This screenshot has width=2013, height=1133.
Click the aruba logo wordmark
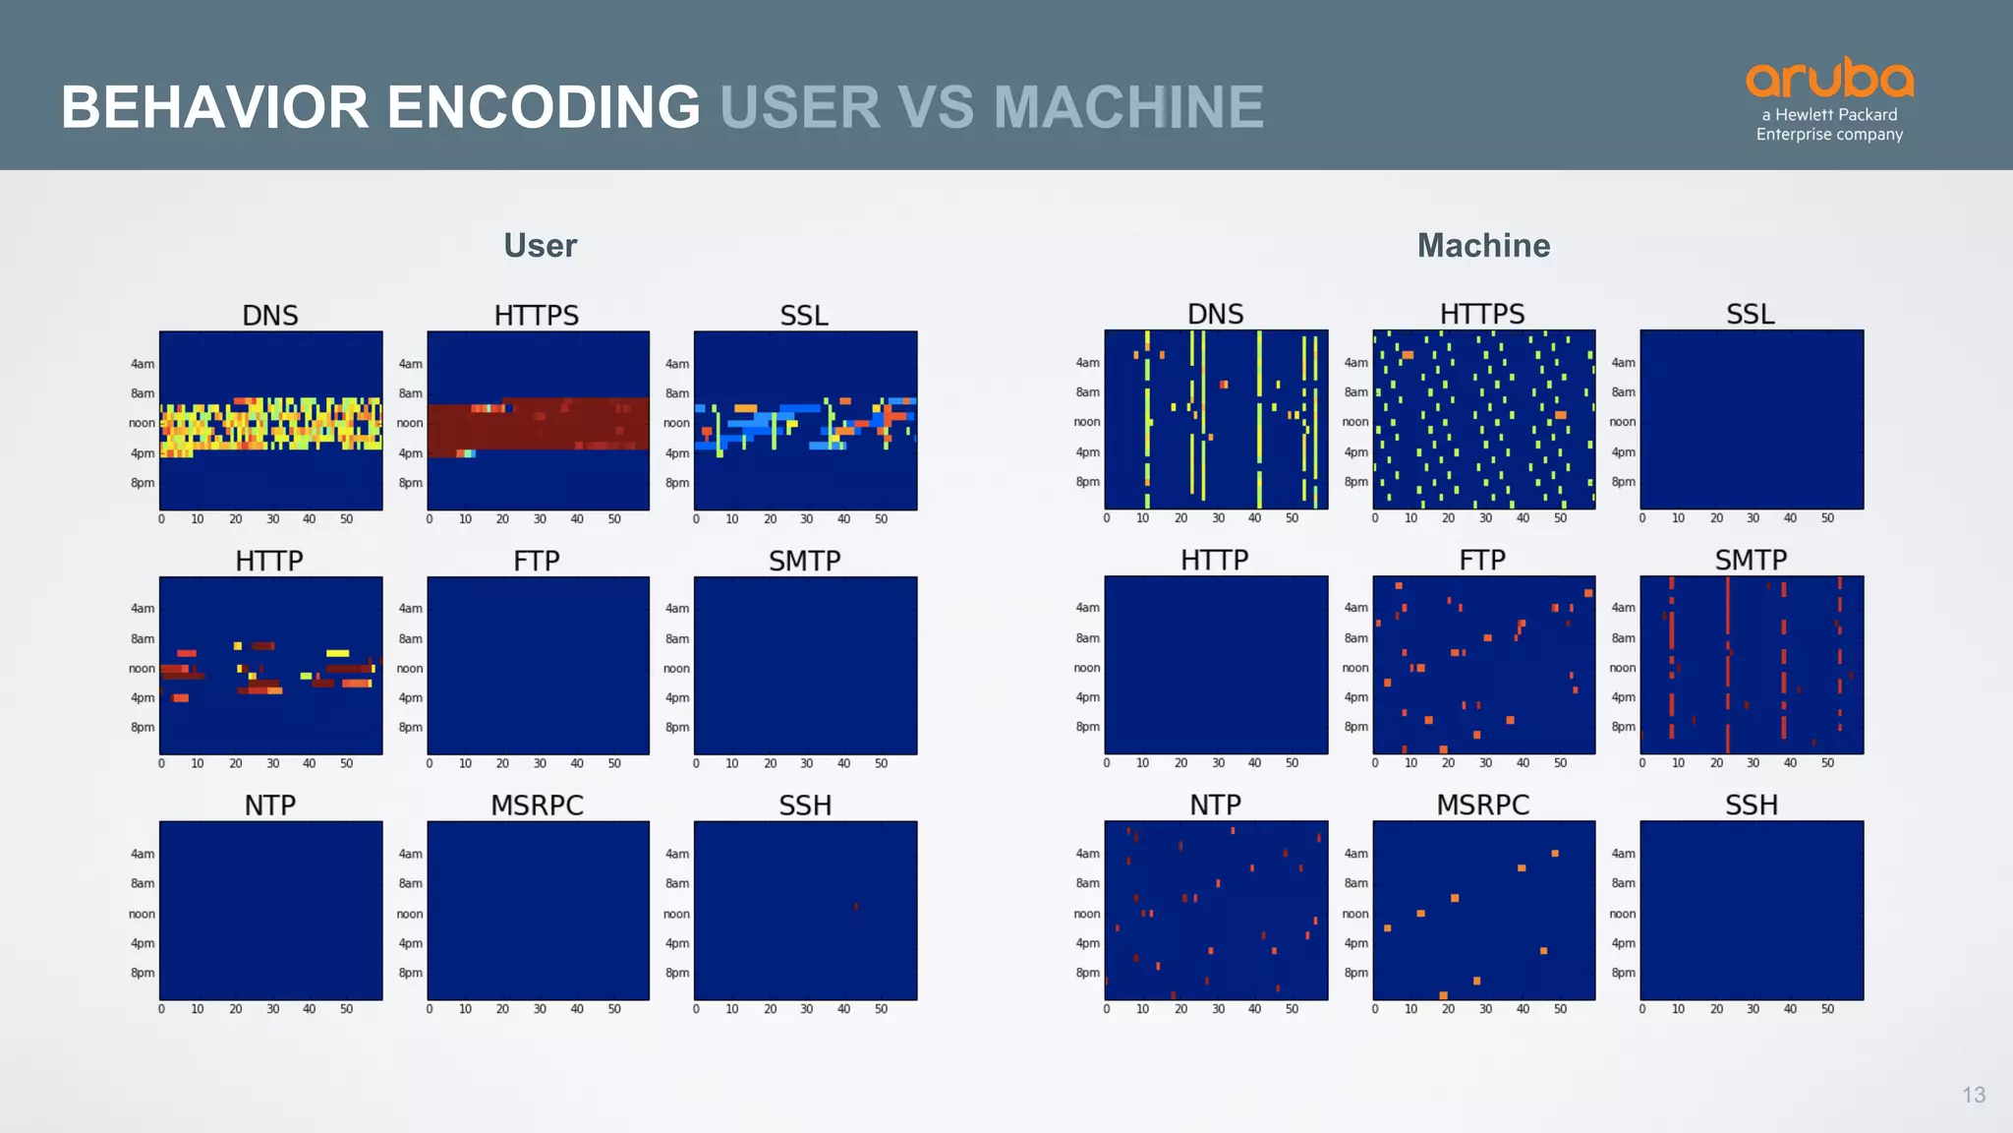coord(1829,78)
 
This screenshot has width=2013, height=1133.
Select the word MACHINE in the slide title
coord(1128,106)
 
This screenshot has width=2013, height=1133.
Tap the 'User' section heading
coord(540,245)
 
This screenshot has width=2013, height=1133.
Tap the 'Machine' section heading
coord(1483,245)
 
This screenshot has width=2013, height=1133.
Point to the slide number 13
coord(1974,1095)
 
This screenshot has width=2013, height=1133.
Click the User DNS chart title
coord(270,315)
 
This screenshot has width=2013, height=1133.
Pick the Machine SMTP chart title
coord(1751,560)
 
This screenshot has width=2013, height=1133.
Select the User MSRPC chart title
coord(537,805)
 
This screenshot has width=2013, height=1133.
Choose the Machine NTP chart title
coord(1215,805)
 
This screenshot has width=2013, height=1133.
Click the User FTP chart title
coord(537,561)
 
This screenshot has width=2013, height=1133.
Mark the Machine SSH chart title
coord(1751,805)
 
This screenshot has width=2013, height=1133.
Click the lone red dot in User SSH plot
coord(856,907)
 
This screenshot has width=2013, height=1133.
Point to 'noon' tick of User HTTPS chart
coord(410,423)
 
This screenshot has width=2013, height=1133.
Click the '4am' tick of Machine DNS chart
coord(1087,363)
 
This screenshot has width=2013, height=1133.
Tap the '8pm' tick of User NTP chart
coord(143,973)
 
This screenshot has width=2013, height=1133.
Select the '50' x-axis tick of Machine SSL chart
coord(1827,518)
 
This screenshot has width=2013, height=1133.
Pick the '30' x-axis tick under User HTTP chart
coord(272,763)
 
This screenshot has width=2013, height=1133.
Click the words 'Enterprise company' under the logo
coord(1829,135)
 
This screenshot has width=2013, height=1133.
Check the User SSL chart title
coord(804,315)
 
